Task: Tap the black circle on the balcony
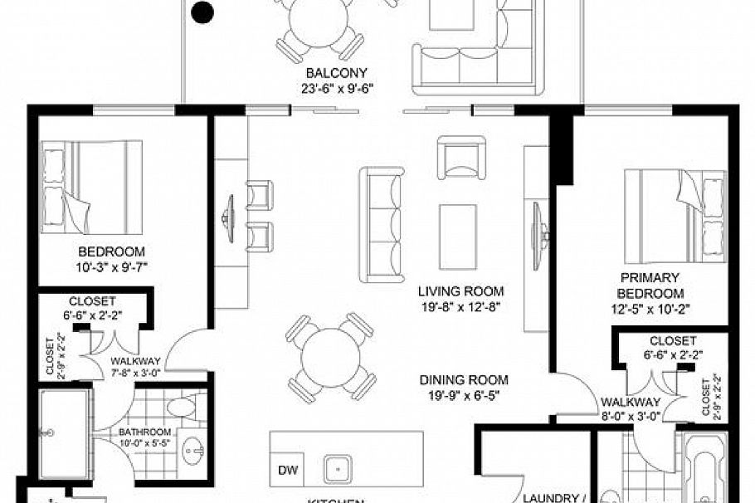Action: click(202, 12)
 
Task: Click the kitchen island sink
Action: click(339, 469)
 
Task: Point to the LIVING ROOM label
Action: click(461, 291)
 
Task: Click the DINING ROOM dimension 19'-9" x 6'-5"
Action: click(463, 395)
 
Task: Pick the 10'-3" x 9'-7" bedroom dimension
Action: click(112, 266)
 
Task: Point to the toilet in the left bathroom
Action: click(180, 407)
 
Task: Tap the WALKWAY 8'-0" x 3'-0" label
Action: click(630, 409)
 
